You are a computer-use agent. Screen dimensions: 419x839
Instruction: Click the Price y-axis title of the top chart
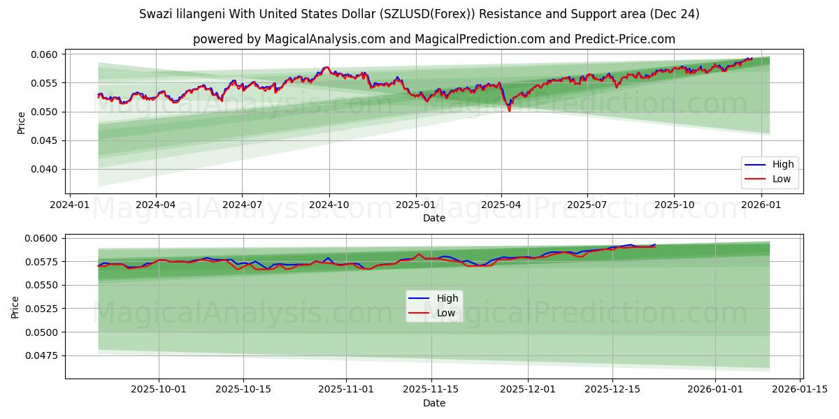pos(22,123)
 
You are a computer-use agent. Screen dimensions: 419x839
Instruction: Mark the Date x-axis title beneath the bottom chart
pos(433,403)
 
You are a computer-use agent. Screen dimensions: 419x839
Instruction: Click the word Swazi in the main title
pos(155,14)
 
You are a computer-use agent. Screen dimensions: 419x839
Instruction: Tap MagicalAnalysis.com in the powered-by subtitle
pos(324,39)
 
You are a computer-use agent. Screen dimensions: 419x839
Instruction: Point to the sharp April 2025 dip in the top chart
pos(509,110)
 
